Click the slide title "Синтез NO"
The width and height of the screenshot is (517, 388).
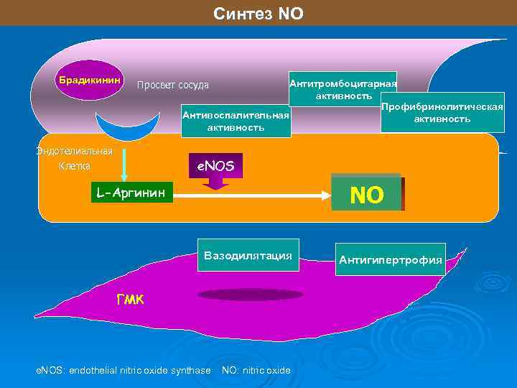(x=258, y=14)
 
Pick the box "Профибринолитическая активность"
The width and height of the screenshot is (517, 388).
(x=442, y=113)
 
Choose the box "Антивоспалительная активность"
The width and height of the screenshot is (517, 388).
(x=236, y=121)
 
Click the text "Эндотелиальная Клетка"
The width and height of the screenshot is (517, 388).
(x=75, y=159)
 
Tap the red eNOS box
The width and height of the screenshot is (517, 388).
(x=215, y=167)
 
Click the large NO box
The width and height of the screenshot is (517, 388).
(x=366, y=193)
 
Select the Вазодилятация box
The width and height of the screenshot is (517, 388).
(x=248, y=256)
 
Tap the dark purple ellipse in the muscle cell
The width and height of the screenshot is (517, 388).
(x=250, y=294)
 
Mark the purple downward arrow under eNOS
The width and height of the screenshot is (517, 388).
(x=215, y=183)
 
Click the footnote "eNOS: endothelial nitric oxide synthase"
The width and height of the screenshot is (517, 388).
(x=124, y=371)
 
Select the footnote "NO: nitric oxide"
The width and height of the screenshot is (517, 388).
(x=256, y=371)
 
